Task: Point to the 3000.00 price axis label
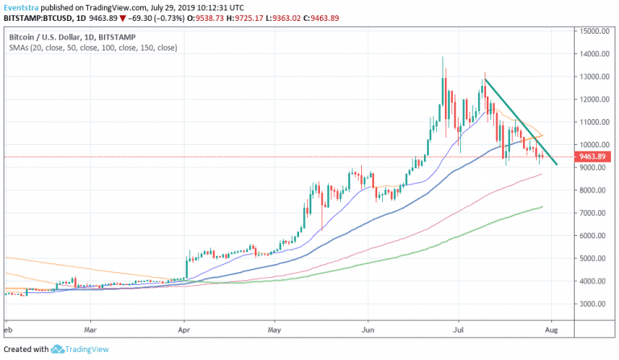pyautogui.click(x=592, y=304)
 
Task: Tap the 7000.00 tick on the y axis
pyautogui.click(x=592, y=213)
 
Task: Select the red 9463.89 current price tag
pyautogui.click(x=594, y=157)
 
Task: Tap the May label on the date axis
pyautogui.click(x=274, y=330)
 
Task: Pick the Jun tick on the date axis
pyautogui.click(x=368, y=330)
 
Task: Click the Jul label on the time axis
pyautogui.click(x=459, y=330)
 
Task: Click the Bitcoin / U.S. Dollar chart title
pyautogui.click(x=51, y=37)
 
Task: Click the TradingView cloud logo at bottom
pyautogui.click(x=58, y=350)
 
